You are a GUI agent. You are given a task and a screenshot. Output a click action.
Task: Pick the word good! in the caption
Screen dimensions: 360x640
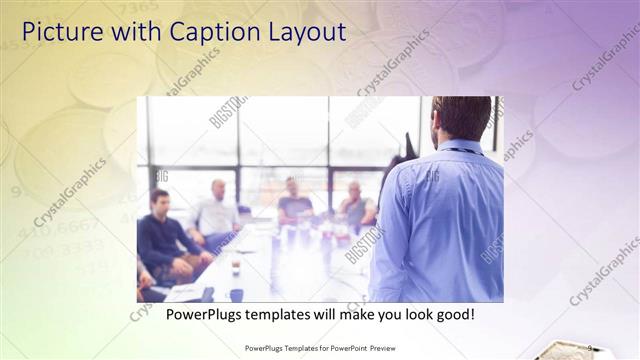tap(452, 315)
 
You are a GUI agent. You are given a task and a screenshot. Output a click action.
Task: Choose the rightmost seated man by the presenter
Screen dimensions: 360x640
tap(355, 205)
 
